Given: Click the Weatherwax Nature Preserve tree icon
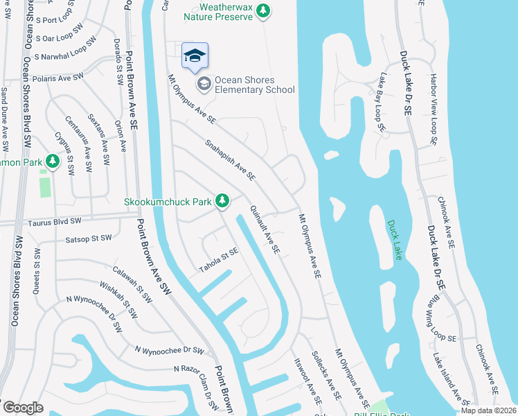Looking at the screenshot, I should tap(262, 10).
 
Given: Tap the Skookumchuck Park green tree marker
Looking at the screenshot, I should tap(222, 201).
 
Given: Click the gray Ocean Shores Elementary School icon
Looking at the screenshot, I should tap(204, 85).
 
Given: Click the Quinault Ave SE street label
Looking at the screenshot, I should tap(265, 229).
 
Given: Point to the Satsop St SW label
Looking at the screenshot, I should tap(85, 238).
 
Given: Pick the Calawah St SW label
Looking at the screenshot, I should tap(132, 286).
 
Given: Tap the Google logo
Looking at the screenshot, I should tap(23, 408).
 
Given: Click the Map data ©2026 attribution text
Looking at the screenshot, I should tap(488, 410).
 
